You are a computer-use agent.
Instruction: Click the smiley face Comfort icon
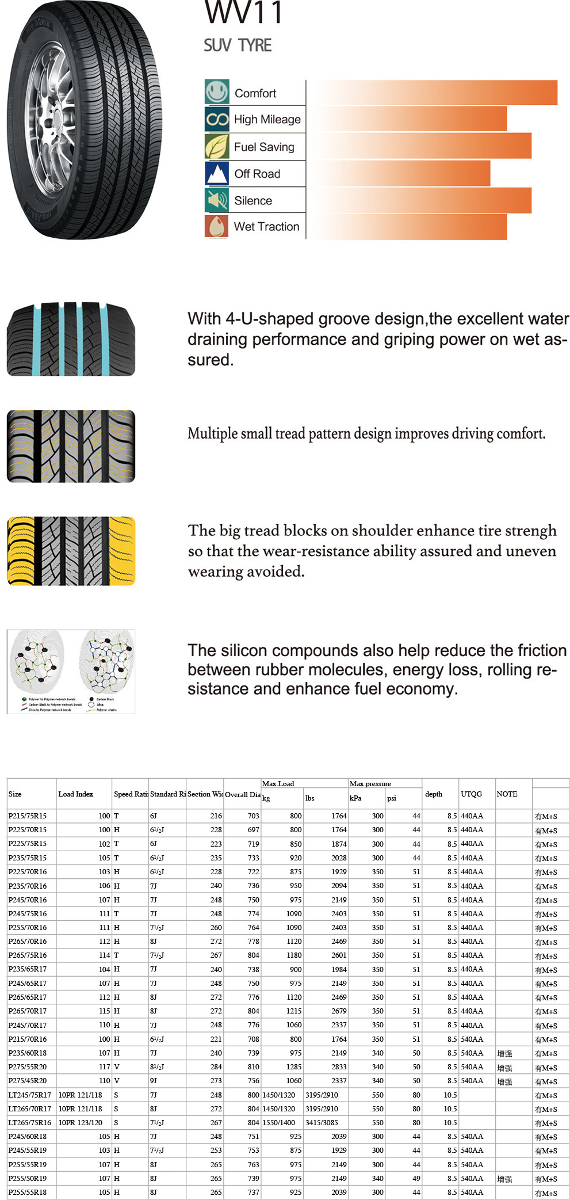coord(217,92)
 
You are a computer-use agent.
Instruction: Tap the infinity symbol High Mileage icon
coord(217,119)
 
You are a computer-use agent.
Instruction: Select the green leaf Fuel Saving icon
coord(217,146)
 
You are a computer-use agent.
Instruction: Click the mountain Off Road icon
coord(217,173)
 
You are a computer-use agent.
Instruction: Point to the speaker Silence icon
coord(217,200)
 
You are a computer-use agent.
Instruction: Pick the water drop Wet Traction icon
coord(217,226)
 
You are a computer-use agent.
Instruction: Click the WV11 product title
coord(244,12)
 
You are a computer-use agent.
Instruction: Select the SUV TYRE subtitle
coord(238,45)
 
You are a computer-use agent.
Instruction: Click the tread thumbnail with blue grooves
coord(71,339)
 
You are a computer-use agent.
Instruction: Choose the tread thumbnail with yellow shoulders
coord(71,551)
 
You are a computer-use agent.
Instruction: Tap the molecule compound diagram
coord(71,671)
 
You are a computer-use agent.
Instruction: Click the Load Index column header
coord(75,794)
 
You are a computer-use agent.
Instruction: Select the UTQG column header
coord(471,794)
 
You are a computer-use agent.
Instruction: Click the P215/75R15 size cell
coord(28,816)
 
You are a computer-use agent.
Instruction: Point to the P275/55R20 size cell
coord(28,1067)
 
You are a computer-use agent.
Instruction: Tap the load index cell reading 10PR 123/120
coord(80,1123)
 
